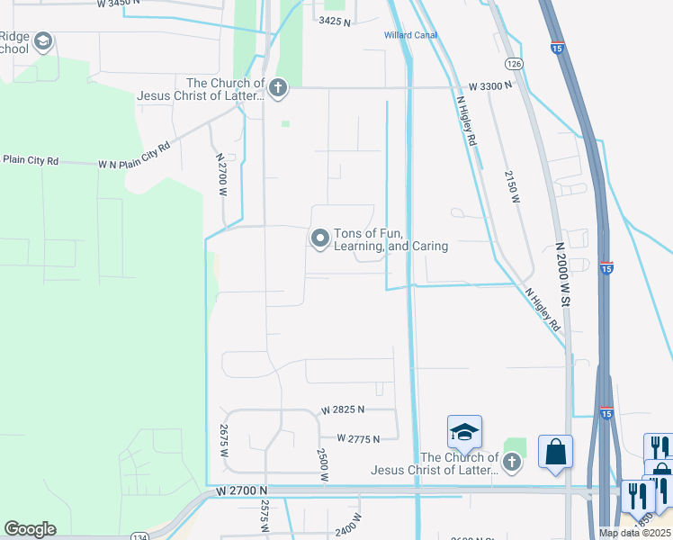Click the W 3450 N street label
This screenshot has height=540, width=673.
point(116,4)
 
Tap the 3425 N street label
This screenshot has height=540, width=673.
point(333,20)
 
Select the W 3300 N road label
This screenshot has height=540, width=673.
point(489,85)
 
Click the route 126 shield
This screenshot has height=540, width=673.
point(514,64)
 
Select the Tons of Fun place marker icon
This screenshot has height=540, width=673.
point(319,238)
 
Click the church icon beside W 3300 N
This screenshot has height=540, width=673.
point(278,87)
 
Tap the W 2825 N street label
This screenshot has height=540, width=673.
point(340,409)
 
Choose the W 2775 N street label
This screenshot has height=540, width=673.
point(358,438)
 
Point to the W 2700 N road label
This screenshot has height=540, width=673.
point(241,490)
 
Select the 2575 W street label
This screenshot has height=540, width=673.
point(265,516)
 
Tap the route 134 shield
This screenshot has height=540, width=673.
point(140,536)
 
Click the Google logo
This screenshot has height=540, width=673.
point(30,529)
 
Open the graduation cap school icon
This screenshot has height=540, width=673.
point(464,433)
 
